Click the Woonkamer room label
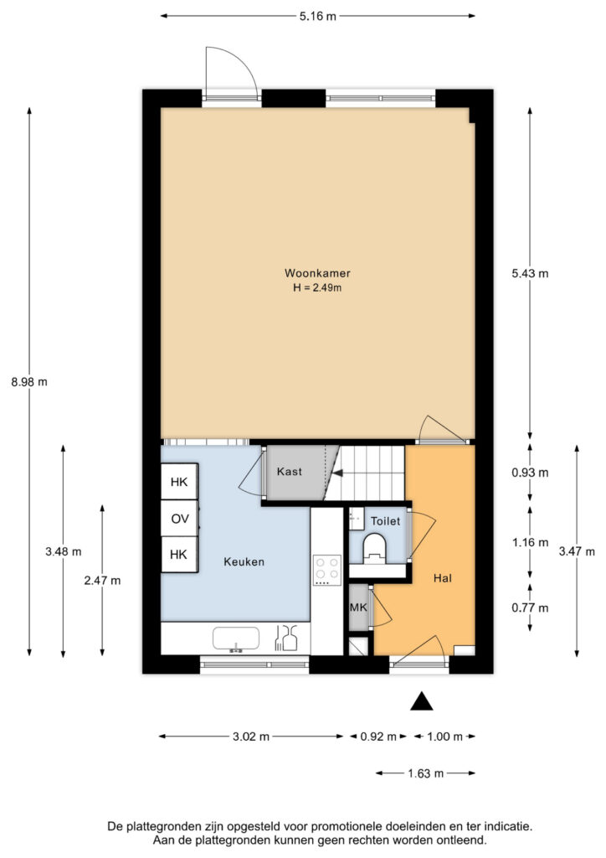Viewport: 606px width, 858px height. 317,273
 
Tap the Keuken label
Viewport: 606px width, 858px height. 244,561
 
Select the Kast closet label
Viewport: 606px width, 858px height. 289,472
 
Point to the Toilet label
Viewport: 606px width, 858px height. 385,521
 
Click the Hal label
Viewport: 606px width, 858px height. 443,578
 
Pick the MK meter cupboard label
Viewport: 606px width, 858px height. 358,607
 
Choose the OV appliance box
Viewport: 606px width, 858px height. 179,518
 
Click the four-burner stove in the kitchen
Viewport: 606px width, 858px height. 326,570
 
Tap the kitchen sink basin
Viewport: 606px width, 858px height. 235,639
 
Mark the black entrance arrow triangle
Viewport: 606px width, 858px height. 421,701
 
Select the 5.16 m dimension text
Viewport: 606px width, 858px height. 318,17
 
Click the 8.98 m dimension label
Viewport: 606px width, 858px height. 29,382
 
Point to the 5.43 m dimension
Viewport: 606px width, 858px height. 530,273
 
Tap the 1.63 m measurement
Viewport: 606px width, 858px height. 426,773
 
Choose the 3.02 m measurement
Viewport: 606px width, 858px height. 251,737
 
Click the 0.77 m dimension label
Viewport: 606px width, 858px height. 530,607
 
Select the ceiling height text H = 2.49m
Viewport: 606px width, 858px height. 317,288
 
